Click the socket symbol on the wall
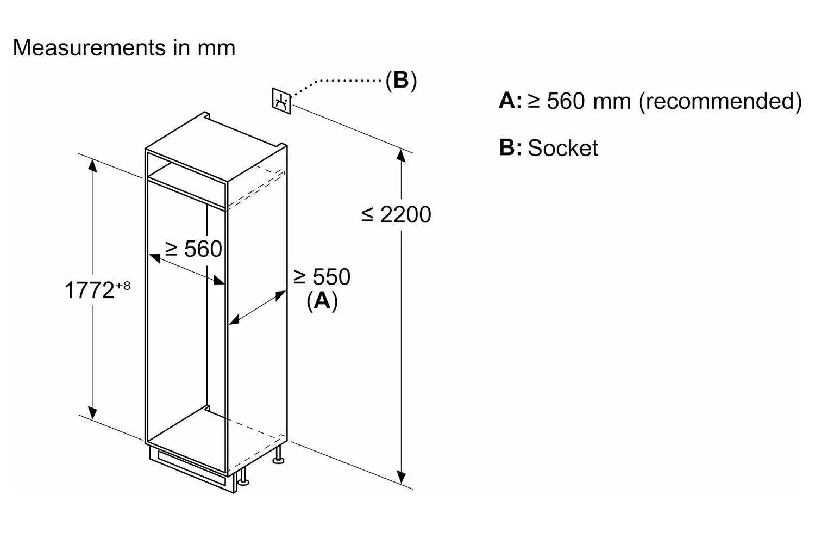(x=281, y=101)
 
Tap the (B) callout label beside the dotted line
(x=401, y=80)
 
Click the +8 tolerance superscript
(x=123, y=285)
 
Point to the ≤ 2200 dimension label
(x=396, y=214)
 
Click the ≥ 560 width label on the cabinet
(x=193, y=249)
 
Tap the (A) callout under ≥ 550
(x=322, y=301)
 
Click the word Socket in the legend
(x=563, y=148)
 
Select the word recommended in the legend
(x=720, y=101)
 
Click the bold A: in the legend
(x=510, y=101)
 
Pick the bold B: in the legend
(x=510, y=147)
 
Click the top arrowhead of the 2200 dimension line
(x=401, y=156)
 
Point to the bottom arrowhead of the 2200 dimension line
(x=401, y=477)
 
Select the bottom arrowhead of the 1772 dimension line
(x=92, y=413)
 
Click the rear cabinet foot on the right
(x=279, y=455)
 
